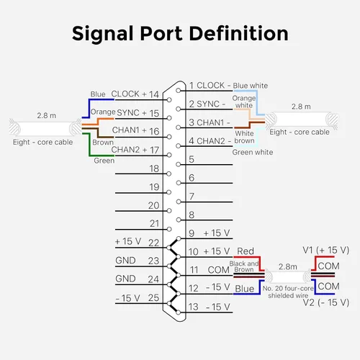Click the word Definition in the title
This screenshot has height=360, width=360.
pos(239,33)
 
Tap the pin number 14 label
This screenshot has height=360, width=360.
pos(154,94)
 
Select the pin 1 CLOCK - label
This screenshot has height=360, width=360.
pos(210,86)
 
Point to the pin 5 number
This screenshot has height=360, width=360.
pos(192,159)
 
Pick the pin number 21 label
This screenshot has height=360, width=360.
pos(154,224)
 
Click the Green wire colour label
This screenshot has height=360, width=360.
pos(104,161)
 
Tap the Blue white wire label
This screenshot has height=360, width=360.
pos(251,86)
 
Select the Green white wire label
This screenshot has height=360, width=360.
pos(253,152)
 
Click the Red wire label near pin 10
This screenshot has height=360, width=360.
pos(246,251)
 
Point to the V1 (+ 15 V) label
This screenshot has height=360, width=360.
pos(325,250)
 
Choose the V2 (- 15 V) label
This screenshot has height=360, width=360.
pos(325,302)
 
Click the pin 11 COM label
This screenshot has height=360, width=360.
pos(210,270)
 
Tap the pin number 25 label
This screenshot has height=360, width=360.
pos(153,298)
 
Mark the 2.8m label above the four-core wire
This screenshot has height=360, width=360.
pos(288,266)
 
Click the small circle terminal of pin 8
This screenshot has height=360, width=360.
pos(179,220)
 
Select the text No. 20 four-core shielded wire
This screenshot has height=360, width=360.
pos(288,292)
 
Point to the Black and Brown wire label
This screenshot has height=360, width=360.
pos(244,266)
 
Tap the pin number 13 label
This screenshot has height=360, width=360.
pos(193,307)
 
